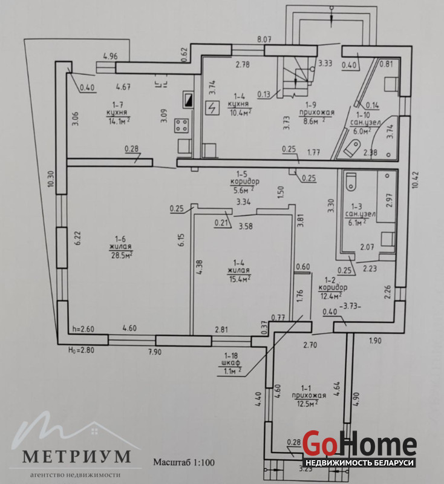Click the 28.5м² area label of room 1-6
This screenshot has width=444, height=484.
point(121,255)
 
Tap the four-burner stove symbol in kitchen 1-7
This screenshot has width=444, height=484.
point(181,125)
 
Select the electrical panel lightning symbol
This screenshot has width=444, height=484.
point(212,108)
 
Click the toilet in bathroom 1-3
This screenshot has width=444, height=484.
point(351,181)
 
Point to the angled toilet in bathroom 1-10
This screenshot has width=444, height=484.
point(352,148)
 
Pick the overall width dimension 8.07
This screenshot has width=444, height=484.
point(264,39)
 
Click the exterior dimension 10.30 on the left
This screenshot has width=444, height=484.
point(51,178)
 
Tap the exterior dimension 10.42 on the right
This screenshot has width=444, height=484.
point(416,178)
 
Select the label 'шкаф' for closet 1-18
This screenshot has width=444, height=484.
point(231,362)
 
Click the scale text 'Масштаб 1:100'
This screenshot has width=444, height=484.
point(184,462)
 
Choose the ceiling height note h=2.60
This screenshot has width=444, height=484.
point(83,329)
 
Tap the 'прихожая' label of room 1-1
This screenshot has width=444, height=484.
point(309,396)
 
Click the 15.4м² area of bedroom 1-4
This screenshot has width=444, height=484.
point(239,279)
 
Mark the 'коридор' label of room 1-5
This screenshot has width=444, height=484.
point(244,181)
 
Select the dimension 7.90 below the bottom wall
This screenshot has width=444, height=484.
point(155,352)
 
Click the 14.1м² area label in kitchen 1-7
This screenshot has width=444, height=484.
point(119,120)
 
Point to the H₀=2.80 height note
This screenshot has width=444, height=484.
point(81,350)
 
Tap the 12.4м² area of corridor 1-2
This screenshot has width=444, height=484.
point(330,296)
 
